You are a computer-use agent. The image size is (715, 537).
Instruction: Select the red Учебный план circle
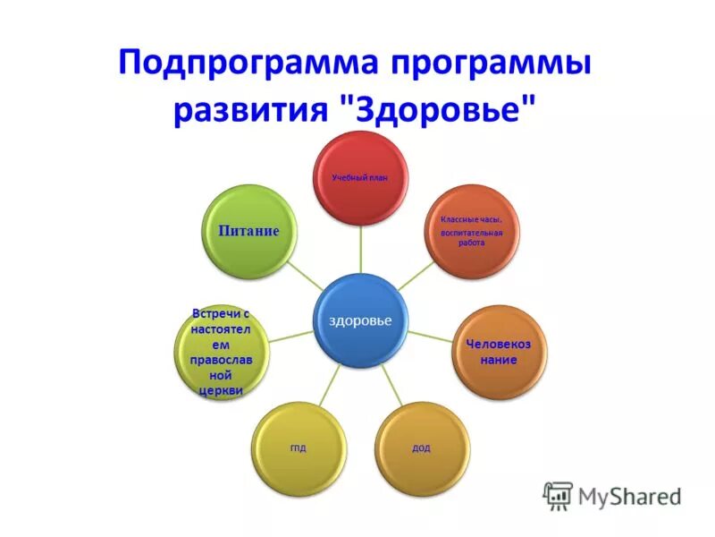361,177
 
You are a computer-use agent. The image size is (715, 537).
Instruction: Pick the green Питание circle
248,231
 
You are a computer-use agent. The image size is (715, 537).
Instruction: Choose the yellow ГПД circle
299,447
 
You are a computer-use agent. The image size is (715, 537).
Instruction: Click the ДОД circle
421,447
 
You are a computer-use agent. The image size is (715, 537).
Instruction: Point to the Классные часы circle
471,230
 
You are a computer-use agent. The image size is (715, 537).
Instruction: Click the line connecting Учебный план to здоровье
361,248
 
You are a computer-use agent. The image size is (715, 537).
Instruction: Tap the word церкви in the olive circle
219,390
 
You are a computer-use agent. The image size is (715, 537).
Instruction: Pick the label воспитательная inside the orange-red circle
471,232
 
